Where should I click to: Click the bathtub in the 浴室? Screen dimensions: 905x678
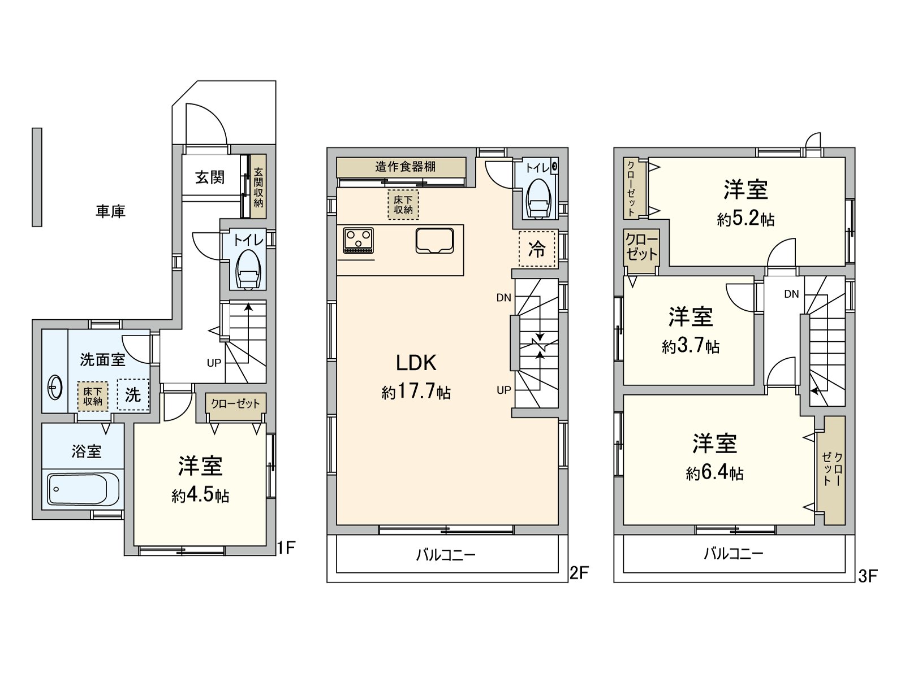[x=83, y=489]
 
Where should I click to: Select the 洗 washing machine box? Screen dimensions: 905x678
[x=133, y=395]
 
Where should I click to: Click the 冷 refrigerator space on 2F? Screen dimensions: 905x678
[x=537, y=249]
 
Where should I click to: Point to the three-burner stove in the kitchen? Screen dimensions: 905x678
[x=358, y=241]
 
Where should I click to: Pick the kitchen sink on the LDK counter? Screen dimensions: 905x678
[x=434, y=241]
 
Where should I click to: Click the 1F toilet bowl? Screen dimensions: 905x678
[x=247, y=270]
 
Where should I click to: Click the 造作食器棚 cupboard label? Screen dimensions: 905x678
[x=406, y=167]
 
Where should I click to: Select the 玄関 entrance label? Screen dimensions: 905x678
[x=210, y=177]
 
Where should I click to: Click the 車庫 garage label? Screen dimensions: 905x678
[x=110, y=211]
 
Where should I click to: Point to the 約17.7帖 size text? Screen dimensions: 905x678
[x=416, y=392]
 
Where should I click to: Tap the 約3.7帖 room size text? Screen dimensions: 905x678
[x=691, y=346]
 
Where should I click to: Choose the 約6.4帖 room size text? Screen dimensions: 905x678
[x=715, y=473]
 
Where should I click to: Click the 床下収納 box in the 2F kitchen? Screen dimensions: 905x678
[x=403, y=205]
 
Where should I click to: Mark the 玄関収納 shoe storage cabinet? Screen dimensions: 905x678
[x=258, y=186]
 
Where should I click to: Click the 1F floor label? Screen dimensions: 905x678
[x=286, y=547]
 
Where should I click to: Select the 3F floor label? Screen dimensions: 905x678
[x=868, y=576]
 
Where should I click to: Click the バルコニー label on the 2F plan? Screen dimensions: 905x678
[x=446, y=555]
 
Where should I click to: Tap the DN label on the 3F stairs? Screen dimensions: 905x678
[x=792, y=294]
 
